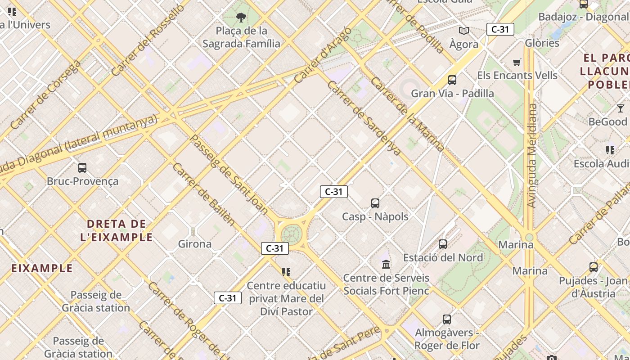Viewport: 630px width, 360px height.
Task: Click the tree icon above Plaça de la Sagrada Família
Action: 241,18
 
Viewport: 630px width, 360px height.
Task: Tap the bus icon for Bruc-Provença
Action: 82,168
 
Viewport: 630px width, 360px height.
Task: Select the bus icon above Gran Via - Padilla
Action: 452,80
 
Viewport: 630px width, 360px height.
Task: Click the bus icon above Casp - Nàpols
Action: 375,203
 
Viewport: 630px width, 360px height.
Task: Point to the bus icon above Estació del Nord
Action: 443,244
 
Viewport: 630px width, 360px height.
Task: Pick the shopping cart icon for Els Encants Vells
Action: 517,62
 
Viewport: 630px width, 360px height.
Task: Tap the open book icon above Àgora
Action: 464,31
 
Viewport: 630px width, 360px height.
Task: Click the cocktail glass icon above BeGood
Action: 621,108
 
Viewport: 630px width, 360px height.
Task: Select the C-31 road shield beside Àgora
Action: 500,30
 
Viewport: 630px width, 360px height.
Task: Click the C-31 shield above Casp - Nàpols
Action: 334,192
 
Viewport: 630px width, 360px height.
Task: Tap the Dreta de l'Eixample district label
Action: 117,230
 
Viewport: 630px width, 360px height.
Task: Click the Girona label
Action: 195,244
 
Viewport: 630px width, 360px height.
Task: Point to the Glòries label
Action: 542,43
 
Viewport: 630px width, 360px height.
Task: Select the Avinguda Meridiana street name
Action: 532,156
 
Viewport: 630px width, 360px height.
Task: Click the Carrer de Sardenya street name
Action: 364,118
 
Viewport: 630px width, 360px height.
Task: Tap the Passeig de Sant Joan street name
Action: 229,174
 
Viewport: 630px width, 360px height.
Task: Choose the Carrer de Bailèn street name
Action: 204,193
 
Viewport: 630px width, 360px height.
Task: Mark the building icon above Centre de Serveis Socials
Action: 386,264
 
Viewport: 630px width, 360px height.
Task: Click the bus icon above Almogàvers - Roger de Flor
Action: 447,319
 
